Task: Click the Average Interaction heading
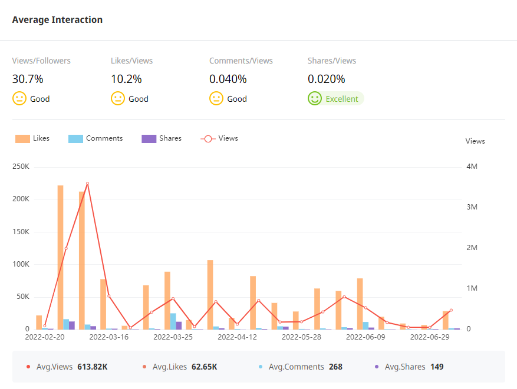(57, 20)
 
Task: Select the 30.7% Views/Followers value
(28, 79)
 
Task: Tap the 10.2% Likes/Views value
(126, 79)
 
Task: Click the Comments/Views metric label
(241, 61)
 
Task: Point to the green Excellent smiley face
(315, 99)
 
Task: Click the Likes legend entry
(33, 138)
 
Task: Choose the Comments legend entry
(96, 138)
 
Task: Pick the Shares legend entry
(162, 138)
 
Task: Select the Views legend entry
(219, 138)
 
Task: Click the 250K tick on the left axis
(21, 167)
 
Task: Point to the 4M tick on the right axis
(472, 167)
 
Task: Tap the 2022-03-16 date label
(108, 337)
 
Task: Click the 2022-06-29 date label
(430, 337)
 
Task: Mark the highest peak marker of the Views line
(87, 184)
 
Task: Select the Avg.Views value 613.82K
(93, 367)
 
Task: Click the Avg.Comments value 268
(335, 367)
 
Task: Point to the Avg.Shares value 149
(437, 367)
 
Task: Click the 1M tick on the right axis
(472, 288)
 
